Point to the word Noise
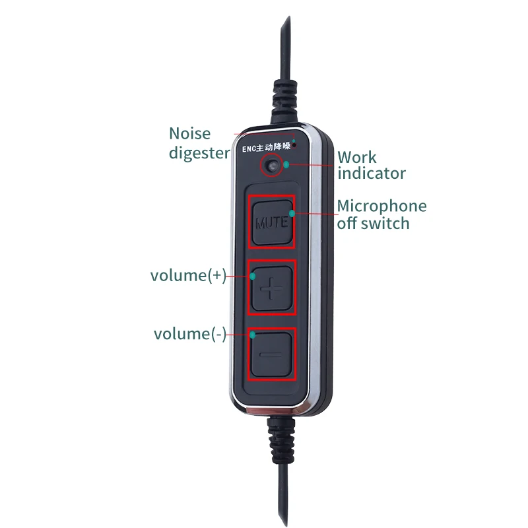pos(189,133)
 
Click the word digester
pos(199,153)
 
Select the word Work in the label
pos(357,157)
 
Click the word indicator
pos(372,174)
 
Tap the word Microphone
pos(381,206)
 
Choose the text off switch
pos(373,223)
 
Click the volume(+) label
pos(188,275)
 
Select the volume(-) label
pos(189,334)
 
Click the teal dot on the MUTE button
pos(292,213)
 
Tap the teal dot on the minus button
pos(252,335)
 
